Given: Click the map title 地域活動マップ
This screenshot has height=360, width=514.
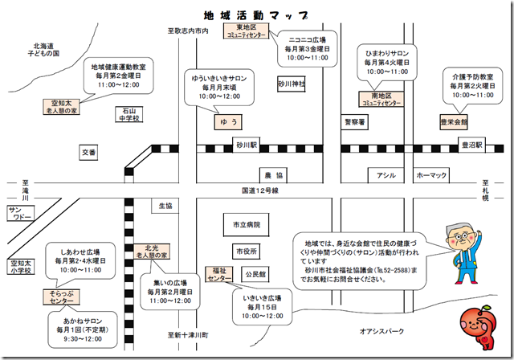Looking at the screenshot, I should (x=257, y=14).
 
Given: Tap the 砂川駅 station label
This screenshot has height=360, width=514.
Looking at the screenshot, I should (x=246, y=145).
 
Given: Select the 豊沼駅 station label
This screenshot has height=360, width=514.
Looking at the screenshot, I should (x=471, y=145).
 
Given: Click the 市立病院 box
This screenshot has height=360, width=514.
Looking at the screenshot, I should (x=246, y=224).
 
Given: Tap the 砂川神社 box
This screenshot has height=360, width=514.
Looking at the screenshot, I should (x=292, y=83).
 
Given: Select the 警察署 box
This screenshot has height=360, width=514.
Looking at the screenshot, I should (x=354, y=122).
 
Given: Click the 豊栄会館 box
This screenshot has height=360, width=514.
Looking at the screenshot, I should (x=454, y=122).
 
